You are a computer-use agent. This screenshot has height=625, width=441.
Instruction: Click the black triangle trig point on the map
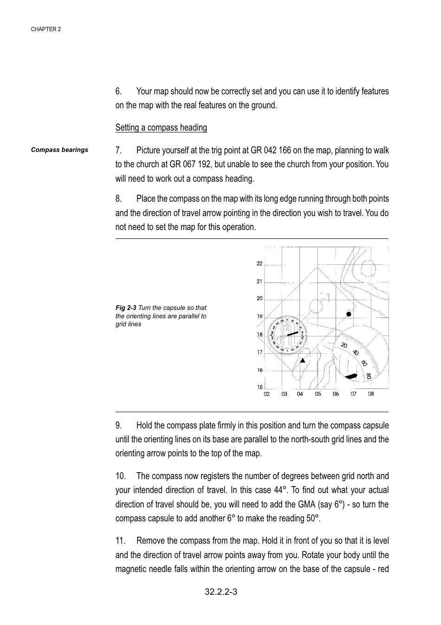click(303, 360)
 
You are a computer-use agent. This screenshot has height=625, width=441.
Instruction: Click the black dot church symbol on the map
click(349, 314)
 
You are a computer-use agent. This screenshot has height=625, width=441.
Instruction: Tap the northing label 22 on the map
click(259, 263)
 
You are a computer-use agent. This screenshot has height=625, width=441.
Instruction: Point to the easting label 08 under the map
click(371, 394)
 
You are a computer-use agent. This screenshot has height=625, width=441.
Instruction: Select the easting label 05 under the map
click(318, 394)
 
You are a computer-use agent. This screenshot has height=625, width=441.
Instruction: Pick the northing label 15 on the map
click(259, 387)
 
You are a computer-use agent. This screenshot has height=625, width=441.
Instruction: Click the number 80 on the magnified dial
click(368, 375)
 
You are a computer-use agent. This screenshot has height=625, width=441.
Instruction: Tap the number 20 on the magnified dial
click(344, 346)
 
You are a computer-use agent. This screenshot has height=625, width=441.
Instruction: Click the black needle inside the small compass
click(292, 334)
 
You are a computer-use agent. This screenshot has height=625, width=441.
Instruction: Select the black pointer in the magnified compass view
click(351, 375)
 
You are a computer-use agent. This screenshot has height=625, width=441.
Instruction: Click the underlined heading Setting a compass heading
click(161, 128)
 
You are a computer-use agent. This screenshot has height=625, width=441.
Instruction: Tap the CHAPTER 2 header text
click(46, 29)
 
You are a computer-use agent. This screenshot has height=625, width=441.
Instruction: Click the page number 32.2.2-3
click(221, 592)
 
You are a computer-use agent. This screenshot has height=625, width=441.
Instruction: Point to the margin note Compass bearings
click(59, 150)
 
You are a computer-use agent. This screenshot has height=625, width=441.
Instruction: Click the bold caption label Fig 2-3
click(126, 308)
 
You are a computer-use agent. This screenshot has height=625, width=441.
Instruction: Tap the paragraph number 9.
click(119, 426)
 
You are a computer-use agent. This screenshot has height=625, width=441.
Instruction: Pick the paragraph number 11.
click(121, 541)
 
